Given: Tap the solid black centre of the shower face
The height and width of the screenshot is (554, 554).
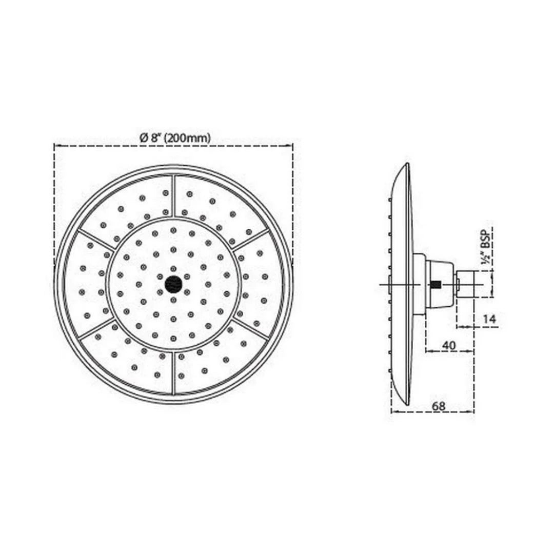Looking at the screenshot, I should point(173,284).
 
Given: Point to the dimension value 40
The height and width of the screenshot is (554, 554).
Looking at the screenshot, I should point(449,345).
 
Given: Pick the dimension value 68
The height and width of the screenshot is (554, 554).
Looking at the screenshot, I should point(438,405).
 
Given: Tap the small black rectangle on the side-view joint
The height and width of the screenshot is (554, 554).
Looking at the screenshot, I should point(436,284).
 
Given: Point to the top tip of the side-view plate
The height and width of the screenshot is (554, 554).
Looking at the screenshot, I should point(407,165).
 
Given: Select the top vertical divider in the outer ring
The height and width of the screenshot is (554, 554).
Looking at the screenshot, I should point(174,195).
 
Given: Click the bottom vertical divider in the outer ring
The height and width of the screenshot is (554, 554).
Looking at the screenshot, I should point(174,372).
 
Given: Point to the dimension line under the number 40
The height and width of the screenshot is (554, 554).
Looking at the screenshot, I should point(449,351).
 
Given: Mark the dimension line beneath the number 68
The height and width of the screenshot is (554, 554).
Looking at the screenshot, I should point(432,411).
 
